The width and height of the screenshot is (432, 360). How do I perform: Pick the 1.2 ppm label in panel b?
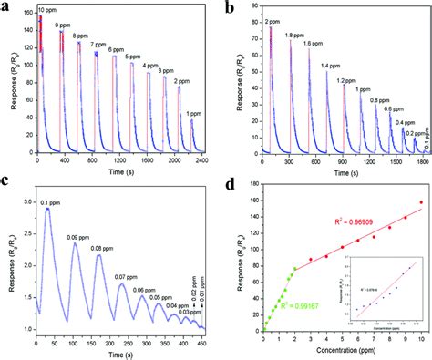pos(347,79)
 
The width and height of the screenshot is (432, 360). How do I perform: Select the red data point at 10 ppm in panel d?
pos(421,202)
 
